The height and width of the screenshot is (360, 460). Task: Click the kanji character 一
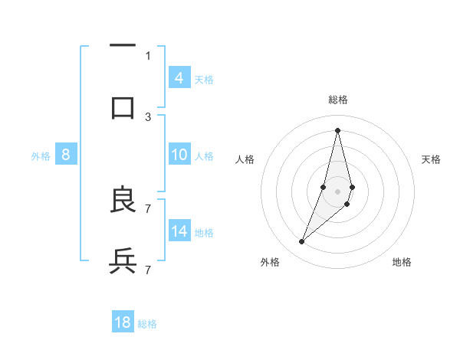point(123,47)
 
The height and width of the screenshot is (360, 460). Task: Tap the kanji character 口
point(123,107)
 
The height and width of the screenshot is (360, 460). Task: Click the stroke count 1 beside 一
point(148,55)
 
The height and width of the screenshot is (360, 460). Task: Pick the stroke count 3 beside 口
point(148,116)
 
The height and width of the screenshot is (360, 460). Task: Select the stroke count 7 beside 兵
point(148,270)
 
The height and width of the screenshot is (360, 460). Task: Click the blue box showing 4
point(179,77)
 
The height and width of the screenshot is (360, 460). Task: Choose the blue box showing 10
point(179,155)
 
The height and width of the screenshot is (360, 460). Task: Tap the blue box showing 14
point(179,231)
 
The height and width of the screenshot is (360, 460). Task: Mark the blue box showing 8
point(65,155)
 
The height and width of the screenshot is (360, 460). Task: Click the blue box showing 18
point(123,322)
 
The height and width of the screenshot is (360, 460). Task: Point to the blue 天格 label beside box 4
point(204,79)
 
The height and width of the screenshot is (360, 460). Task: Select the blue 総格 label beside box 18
point(147,324)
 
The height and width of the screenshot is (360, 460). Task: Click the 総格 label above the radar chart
point(337,100)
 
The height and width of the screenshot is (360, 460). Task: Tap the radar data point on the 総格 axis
point(337,129)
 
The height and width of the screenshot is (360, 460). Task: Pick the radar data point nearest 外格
point(302,242)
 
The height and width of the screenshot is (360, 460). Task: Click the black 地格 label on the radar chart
point(402,262)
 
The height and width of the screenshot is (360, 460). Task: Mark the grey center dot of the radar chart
point(337,191)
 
